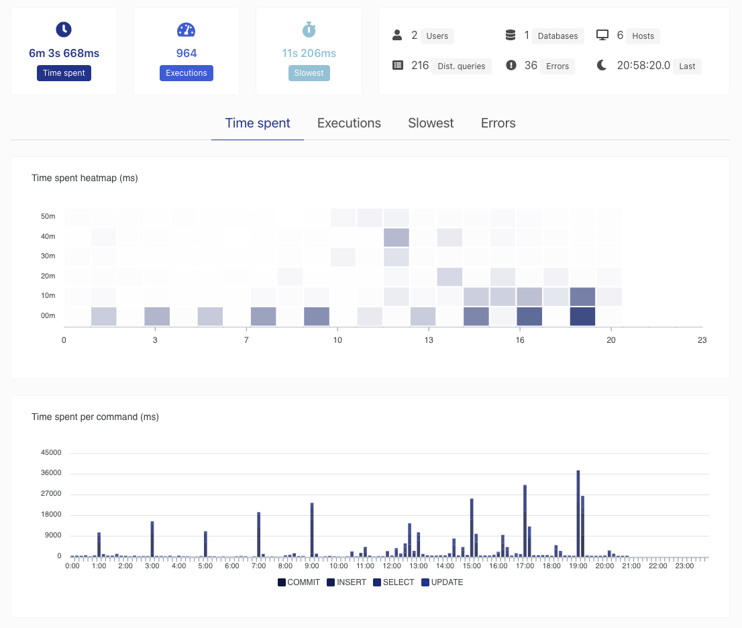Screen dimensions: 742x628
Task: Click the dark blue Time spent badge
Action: point(64,73)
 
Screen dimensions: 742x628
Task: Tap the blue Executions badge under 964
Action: point(187,73)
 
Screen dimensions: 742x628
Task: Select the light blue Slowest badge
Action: point(309,73)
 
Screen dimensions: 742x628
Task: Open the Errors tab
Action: point(498,123)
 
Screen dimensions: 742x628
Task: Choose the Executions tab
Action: point(350,123)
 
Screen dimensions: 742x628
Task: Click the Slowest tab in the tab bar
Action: point(431,123)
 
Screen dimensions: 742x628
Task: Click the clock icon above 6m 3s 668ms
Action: point(64,30)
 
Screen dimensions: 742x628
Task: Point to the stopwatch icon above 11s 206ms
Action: point(309,30)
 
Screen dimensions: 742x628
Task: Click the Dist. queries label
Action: point(462,66)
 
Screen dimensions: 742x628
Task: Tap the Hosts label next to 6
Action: point(643,36)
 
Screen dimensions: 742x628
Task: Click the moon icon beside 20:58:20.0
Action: point(602,65)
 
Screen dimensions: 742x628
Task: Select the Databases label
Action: point(558,36)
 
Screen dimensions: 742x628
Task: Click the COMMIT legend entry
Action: point(299,582)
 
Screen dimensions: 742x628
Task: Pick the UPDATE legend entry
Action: point(443,582)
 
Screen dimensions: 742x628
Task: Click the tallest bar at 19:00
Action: point(578,513)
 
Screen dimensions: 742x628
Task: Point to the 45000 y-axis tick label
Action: point(51,452)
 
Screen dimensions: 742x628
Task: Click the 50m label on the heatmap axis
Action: point(48,216)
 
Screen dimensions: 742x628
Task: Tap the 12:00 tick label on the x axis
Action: point(392,566)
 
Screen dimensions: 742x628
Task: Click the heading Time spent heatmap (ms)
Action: point(85,178)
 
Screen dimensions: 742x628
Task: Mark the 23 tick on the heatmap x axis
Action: point(702,339)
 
